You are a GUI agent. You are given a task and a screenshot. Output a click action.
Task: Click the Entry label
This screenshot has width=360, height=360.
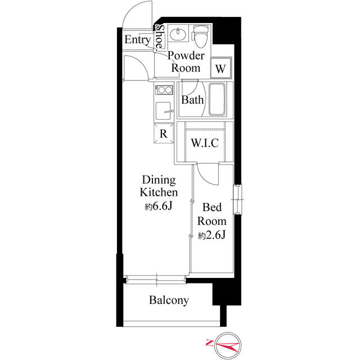(137, 40)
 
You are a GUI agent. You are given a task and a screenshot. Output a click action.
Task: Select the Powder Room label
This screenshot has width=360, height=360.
(185, 62)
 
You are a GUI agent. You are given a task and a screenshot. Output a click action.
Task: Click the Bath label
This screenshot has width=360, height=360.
(192, 101)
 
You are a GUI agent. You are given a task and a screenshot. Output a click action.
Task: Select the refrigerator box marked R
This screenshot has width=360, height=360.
(163, 134)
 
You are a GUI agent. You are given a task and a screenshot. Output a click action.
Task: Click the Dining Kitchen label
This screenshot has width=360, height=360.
(159, 186)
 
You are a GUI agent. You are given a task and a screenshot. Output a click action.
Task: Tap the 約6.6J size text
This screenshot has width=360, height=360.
(158, 206)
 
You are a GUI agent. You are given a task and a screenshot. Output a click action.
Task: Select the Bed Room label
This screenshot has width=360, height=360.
(212, 215)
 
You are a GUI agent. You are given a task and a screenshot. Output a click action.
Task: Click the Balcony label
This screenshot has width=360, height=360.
(169, 300)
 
